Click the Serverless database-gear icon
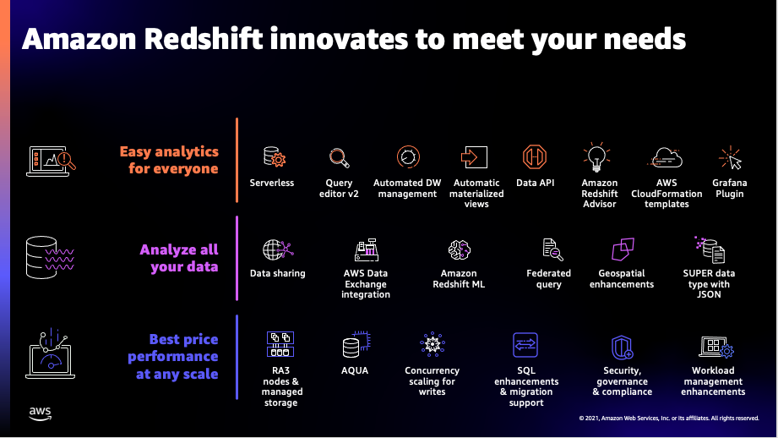[275, 156]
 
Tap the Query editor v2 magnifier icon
[340, 158]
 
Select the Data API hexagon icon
[535, 157]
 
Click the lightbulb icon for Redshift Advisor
[597, 157]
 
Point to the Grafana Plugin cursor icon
[731, 158]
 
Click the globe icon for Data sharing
[278, 249]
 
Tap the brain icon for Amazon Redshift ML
[459, 249]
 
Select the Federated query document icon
[552, 249]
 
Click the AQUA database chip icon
[356, 344]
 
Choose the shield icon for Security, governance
[623, 348]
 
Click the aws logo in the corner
[41, 413]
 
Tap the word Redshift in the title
[204, 39]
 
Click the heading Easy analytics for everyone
[169, 160]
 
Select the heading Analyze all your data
[179, 258]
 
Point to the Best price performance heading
[173, 357]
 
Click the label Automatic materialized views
[476, 193]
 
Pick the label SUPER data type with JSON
[709, 283]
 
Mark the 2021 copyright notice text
[669, 419]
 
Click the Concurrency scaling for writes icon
[433, 344]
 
